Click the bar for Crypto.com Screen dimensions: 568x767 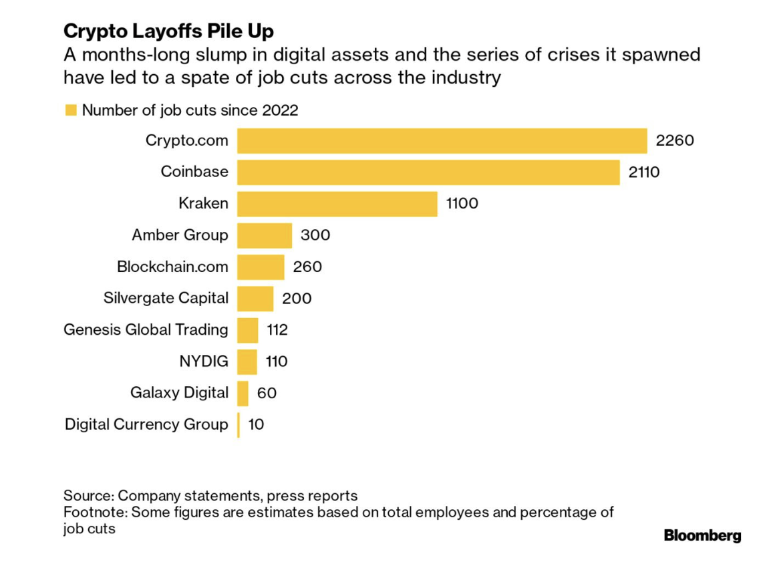[x=442, y=141]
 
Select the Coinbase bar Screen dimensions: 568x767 [x=428, y=172]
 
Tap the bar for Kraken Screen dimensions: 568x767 [x=337, y=204]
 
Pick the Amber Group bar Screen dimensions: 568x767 [x=265, y=235]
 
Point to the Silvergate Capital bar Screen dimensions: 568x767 [x=255, y=298]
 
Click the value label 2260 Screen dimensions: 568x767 [x=675, y=141]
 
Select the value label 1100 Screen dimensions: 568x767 [x=462, y=204]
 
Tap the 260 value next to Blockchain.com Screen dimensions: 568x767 [x=307, y=267]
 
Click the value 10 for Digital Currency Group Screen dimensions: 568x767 [x=256, y=424]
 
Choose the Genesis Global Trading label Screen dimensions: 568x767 [x=146, y=329]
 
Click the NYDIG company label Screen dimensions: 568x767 [x=203, y=362]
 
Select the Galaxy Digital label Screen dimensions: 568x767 [x=179, y=393]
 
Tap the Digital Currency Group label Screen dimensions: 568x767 [x=146, y=424]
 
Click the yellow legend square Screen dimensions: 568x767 [x=70, y=110]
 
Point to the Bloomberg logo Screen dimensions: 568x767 [x=702, y=535]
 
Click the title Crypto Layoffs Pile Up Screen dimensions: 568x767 [x=169, y=31]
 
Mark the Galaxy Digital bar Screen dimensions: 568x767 [x=243, y=393]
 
